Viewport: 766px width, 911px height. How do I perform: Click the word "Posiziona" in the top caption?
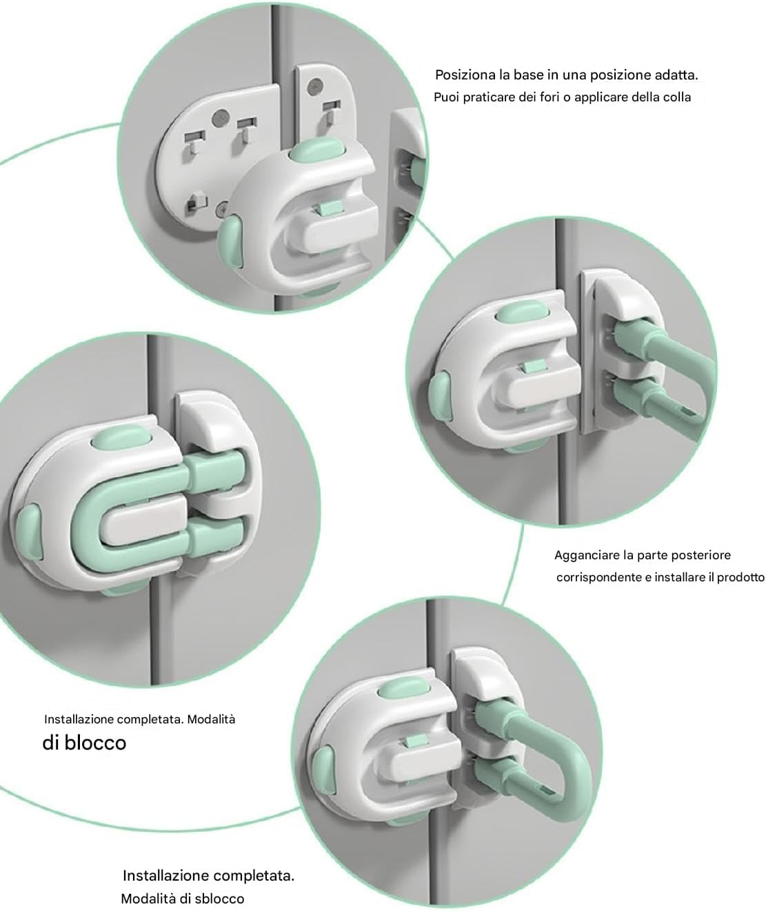coord(466,75)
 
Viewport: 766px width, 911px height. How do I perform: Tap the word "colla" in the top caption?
coord(677,97)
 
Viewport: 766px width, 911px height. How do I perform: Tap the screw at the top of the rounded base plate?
coord(220,117)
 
